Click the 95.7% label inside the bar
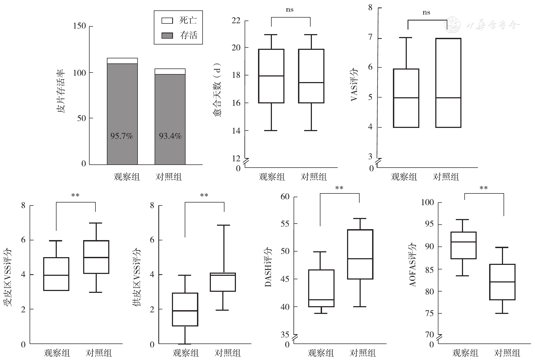122,136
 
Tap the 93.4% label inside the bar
170,136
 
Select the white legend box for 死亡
167,21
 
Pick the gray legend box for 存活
167,35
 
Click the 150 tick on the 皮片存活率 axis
79,26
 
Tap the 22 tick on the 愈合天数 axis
236,21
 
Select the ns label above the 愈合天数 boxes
290,10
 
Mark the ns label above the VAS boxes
427,13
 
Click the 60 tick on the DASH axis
285,197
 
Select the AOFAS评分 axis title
413,264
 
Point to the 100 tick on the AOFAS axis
427,202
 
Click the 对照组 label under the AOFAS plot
507,353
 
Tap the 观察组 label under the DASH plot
321,353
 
